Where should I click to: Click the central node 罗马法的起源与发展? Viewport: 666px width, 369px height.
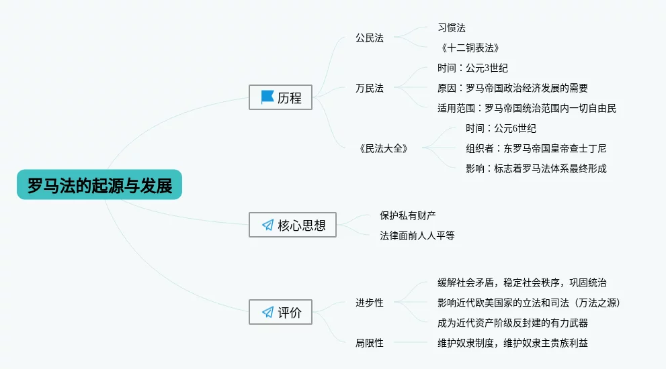click(99, 184)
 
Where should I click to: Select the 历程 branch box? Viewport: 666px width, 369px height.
click(280, 97)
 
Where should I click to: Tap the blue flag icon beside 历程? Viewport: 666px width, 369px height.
click(267, 97)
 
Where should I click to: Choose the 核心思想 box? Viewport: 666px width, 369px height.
click(292, 225)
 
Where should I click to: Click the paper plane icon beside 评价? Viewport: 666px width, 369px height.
click(267, 312)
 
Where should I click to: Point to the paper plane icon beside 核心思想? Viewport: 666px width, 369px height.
click(267, 225)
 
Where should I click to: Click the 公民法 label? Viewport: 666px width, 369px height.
click(370, 38)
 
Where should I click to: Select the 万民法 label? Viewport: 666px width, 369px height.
click(370, 88)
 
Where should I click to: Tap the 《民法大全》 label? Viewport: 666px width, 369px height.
click(384, 148)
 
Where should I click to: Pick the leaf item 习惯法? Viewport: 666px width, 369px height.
click(452, 28)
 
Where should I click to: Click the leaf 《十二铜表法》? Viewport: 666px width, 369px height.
click(470, 48)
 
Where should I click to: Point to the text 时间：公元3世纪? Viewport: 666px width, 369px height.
click(472, 68)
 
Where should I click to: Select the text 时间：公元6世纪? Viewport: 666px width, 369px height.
click(501, 128)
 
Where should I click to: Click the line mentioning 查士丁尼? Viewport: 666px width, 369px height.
click(536, 148)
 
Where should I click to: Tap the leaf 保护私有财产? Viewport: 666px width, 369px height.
click(408, 215)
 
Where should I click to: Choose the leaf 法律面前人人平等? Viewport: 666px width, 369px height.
click(417, 235)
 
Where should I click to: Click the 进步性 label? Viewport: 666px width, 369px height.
click(370, 303)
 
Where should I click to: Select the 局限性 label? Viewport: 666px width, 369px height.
click(370, 343)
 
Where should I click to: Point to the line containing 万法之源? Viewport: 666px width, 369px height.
click(529, 303)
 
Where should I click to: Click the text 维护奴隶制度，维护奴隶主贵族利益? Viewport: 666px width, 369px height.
click(513, 343)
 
